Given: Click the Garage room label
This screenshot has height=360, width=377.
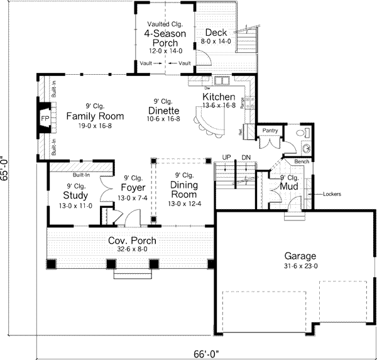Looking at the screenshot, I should point(299,256).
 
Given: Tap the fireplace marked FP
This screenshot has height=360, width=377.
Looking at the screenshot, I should point(45,119).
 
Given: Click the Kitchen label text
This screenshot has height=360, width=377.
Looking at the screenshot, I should point(219,97).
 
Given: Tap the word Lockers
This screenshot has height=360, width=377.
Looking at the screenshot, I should point(332,194).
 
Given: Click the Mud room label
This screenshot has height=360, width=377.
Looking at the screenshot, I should point(289,187).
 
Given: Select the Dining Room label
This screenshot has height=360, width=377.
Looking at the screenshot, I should point(184,190).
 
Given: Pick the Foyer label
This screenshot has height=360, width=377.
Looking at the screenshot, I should point(133,188).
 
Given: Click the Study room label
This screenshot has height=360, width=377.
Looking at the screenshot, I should point(76,195).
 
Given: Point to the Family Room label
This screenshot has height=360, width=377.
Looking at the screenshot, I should point(94,116).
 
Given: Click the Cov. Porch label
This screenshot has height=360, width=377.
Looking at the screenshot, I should point(132,241).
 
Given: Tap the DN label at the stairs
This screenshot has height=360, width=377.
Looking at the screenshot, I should point(246,157).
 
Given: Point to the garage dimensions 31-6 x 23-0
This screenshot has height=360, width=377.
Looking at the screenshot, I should point(299,266).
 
